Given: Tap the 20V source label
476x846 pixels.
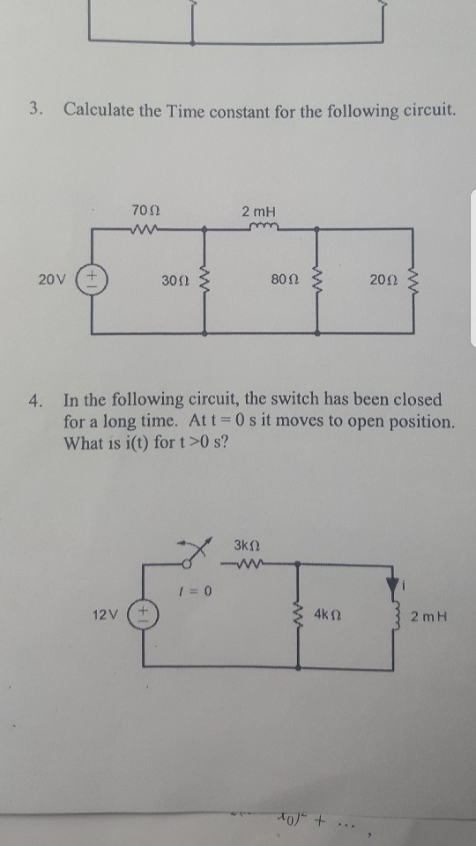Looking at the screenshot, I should click(x=50, y=280).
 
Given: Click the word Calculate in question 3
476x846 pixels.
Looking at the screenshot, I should click(x=97, y=111).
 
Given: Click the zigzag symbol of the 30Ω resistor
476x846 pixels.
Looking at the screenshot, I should click(x=205, y=281).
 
